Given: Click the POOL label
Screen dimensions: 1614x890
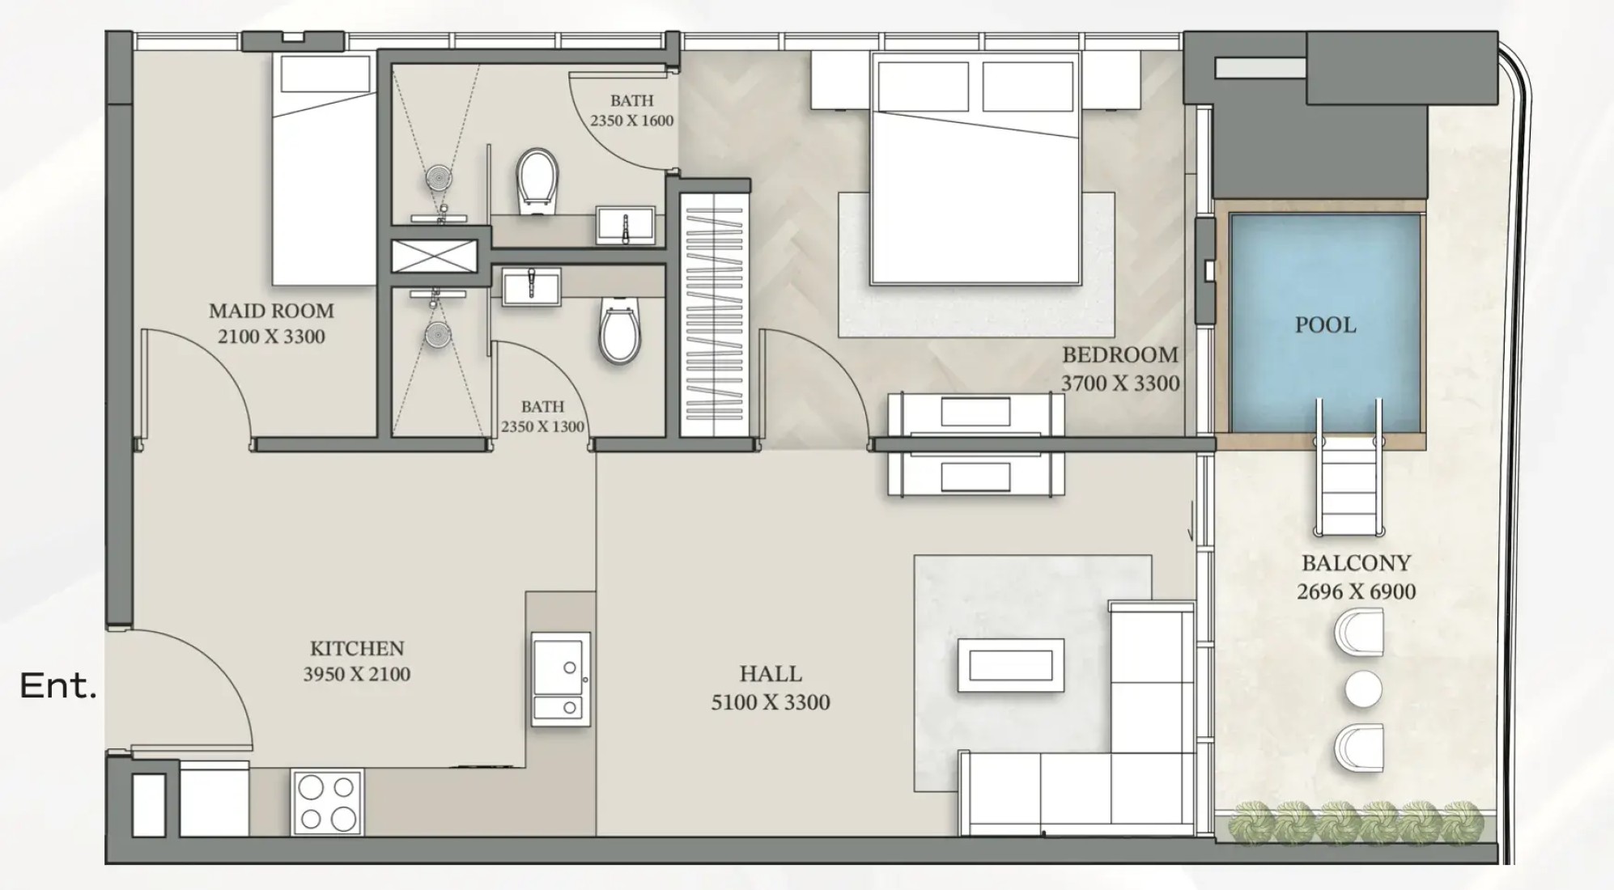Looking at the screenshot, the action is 1325,325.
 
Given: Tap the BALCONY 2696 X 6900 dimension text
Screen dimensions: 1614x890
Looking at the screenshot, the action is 1357,591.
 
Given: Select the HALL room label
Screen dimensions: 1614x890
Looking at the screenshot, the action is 771,674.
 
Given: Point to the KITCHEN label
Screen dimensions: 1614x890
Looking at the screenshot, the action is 357,648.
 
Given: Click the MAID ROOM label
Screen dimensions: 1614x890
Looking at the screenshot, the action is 271,311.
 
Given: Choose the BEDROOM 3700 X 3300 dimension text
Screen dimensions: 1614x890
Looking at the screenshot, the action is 1120,383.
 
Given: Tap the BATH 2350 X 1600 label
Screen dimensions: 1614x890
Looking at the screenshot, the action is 631,111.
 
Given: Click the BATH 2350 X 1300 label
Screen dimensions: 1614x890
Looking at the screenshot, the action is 542,417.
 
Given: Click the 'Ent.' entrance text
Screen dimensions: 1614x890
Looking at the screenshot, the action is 57,686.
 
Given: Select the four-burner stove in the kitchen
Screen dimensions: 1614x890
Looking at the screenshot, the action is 327,803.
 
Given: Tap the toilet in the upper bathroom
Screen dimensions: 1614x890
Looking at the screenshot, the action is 537,182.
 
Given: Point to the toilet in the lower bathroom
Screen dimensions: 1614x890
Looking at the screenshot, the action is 619,331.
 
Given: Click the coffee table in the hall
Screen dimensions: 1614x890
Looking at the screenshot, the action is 1011,665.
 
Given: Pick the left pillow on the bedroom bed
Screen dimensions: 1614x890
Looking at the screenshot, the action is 923,86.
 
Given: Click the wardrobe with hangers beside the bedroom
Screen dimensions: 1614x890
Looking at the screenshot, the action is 712,315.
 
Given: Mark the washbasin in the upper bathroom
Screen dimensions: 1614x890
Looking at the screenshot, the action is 626,224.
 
